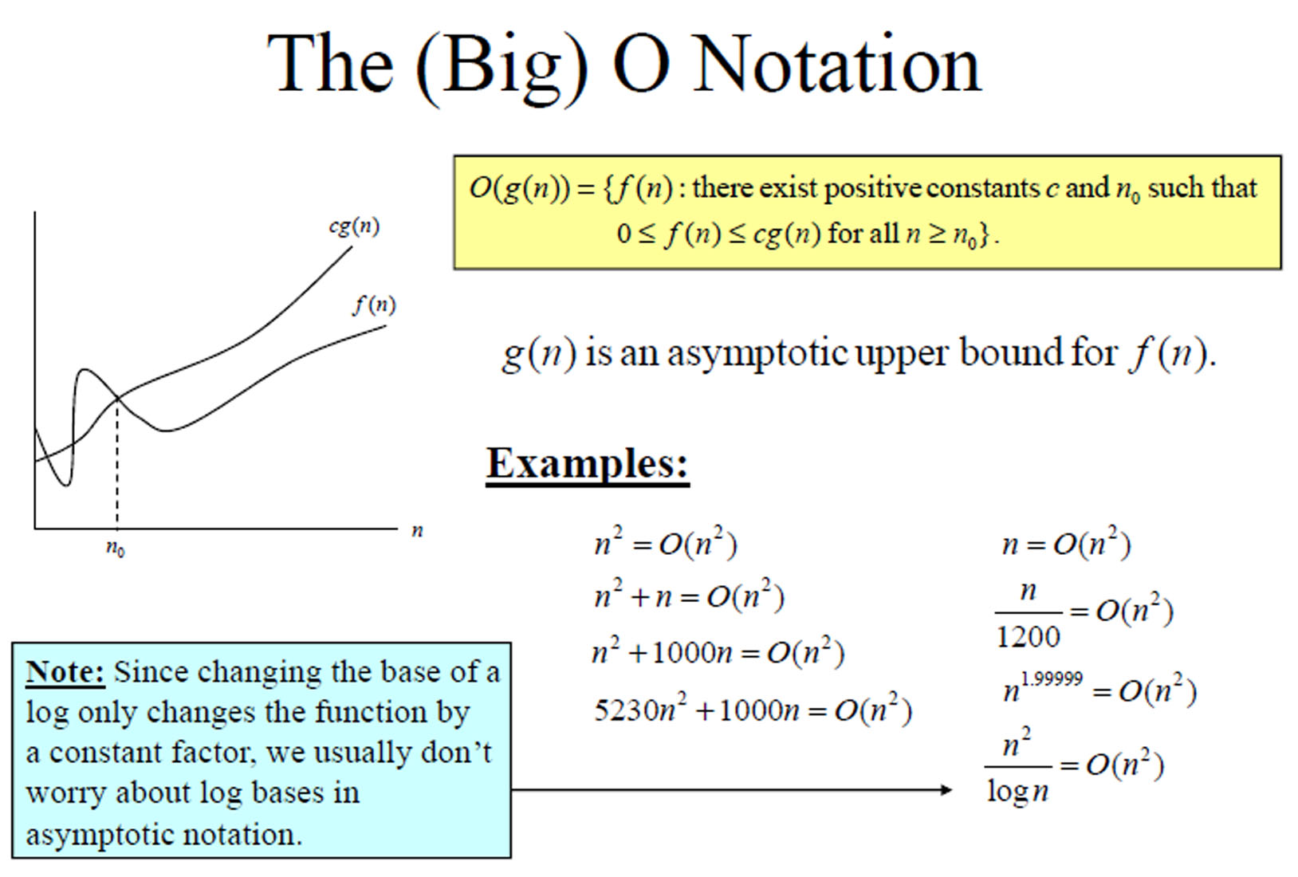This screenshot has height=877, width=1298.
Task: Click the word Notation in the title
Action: [836, 65]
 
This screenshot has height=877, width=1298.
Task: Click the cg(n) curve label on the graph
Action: [354, 226]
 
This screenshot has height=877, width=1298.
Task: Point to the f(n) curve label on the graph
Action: [375, 305]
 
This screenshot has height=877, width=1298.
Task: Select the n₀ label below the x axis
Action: [116, 548]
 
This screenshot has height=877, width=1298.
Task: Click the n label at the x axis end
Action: [417, 531]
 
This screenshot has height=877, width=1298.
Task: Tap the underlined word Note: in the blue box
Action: [65, 673]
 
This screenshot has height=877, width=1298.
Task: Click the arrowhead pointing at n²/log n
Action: [946, 789]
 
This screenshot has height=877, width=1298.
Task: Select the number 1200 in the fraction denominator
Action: [1028, 636]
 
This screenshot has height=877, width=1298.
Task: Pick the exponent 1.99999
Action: [1052, 678]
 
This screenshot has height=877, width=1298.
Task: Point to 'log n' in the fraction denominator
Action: [1018, 791]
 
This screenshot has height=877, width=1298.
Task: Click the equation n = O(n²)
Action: [1067, 544]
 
